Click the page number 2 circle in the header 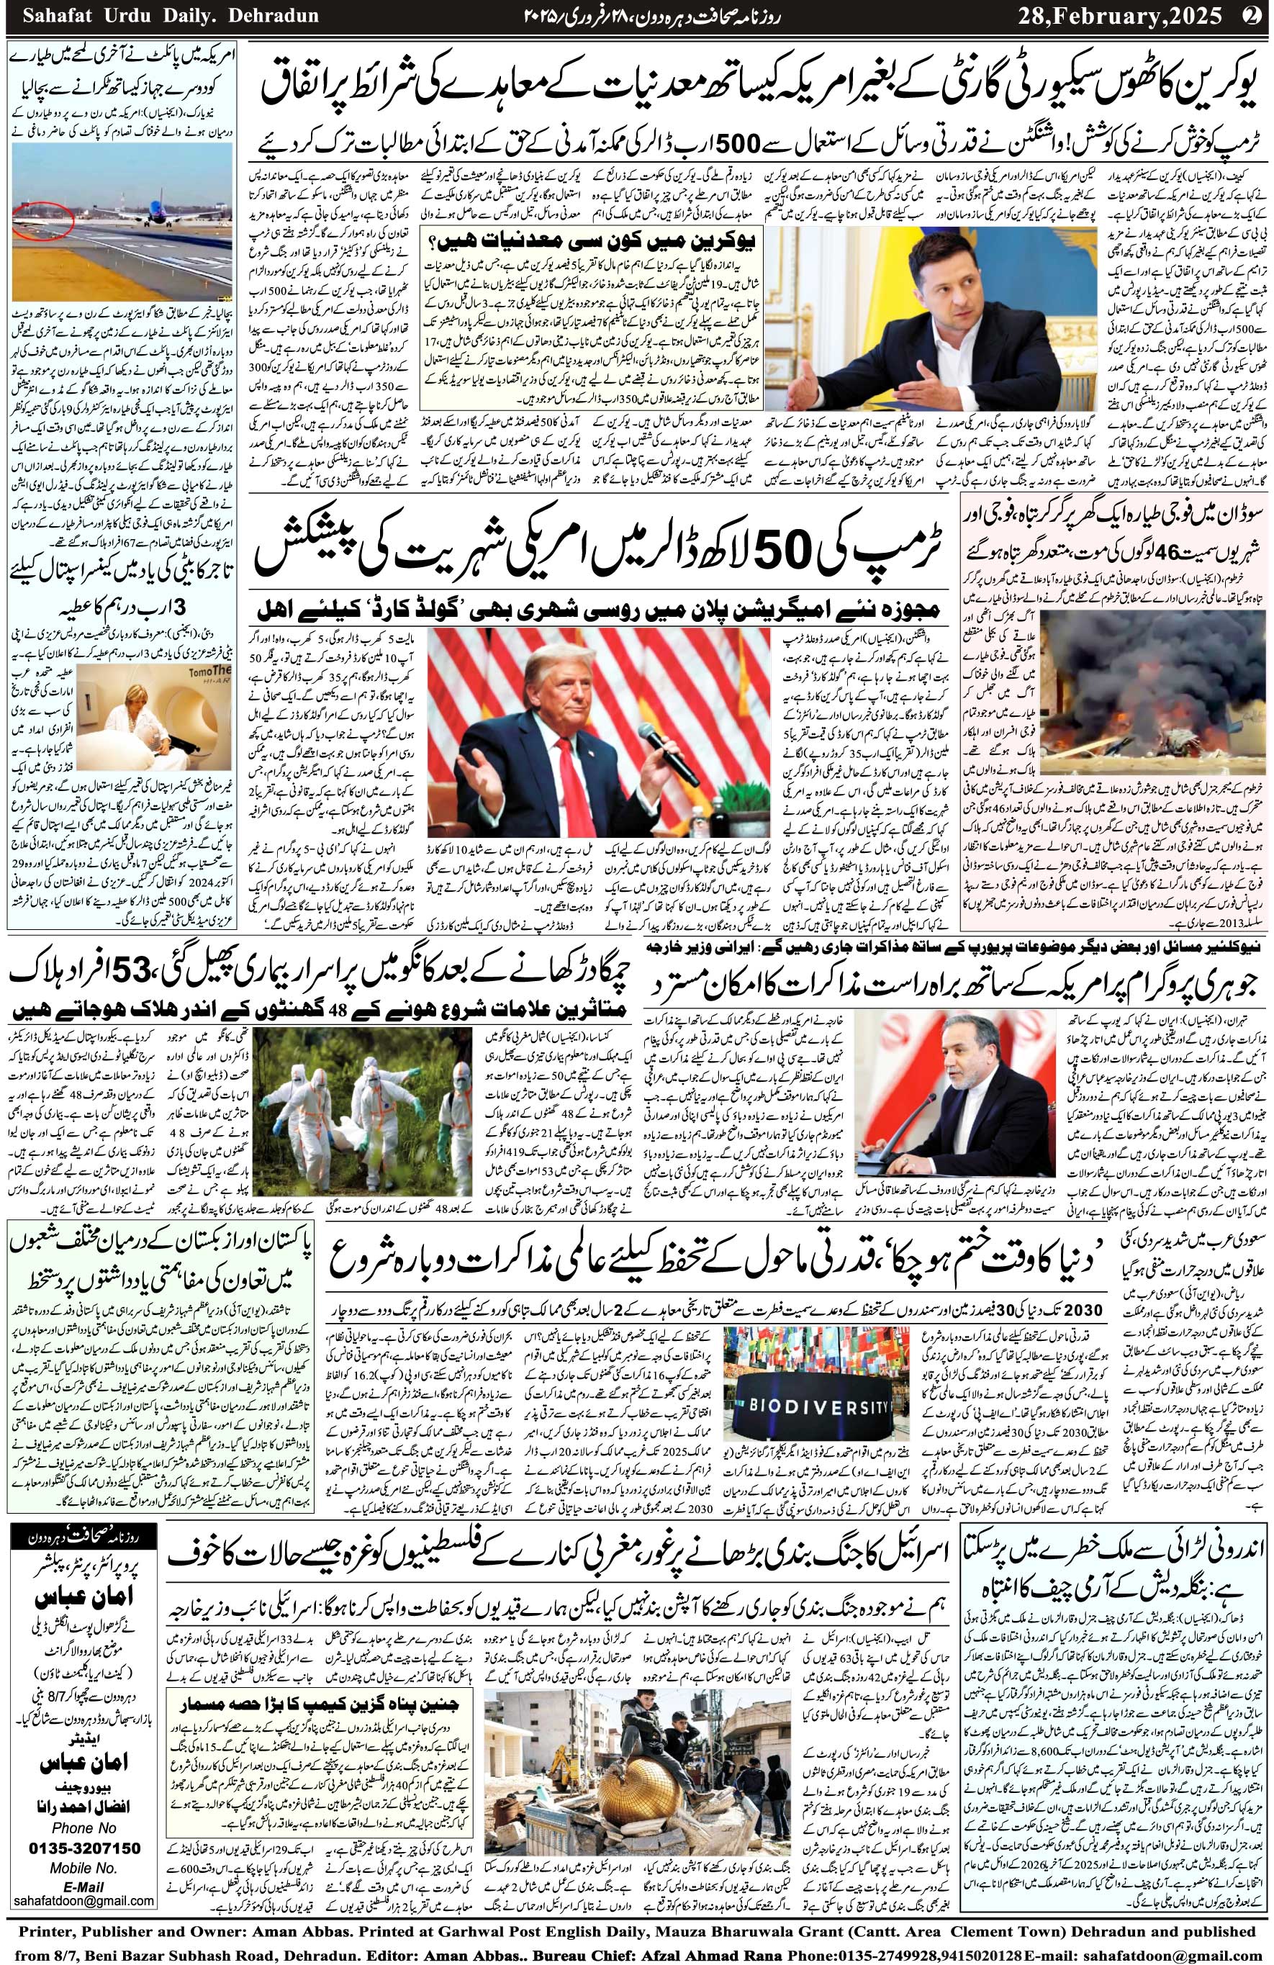click(1253, 14)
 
